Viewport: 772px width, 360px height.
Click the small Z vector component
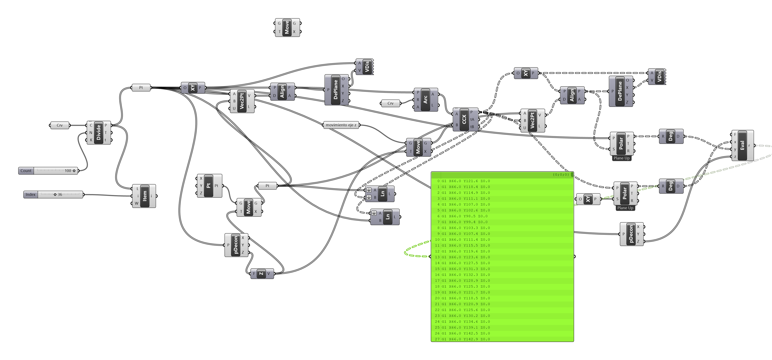(261, 273)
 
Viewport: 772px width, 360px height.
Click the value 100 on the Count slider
(68, 171)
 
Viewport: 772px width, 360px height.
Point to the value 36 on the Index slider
(60, 195)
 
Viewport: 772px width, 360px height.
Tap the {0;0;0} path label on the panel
(561, 175)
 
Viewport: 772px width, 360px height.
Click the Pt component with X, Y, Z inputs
(209, 186)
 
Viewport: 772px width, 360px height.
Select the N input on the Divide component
(91, 133)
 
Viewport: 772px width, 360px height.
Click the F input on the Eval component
(735, 134)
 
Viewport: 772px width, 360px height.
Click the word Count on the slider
(26, 171)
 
